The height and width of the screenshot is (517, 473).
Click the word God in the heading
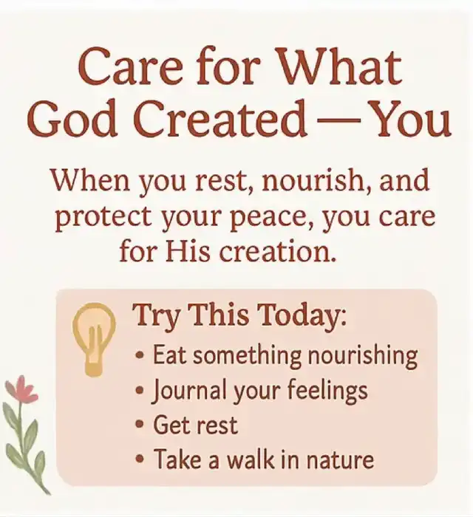click(x=72, y=119)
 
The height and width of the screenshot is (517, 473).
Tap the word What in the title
click(x=341, y=67)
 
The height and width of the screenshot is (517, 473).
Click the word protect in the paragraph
click(x=103, y=219)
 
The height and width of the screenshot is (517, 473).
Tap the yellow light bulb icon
click(x=94, y=340)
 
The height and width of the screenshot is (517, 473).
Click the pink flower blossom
click(x=21, y=390)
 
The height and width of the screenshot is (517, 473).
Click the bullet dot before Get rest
click(x=140, y=425)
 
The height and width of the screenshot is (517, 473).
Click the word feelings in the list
click(x=327, y=391)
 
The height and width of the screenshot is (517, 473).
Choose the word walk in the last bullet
click(x=251, y=459)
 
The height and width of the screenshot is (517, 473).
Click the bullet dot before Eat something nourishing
click(x=140, y=356)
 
